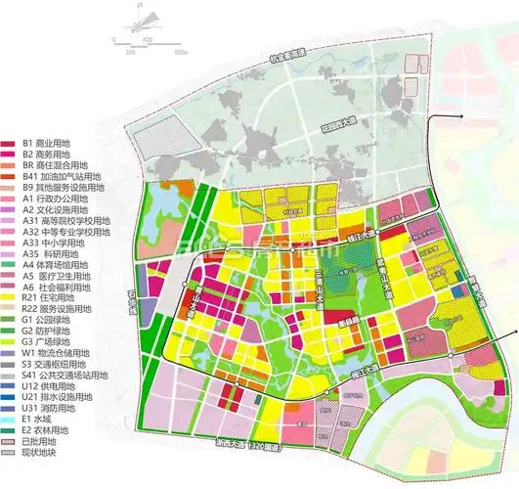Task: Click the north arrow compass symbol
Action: (139, 17)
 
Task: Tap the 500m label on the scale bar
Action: (181, 49)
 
